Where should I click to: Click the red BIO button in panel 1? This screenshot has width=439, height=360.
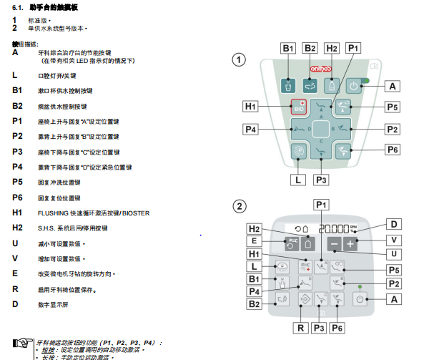299,108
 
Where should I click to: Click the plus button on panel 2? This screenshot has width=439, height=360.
350,244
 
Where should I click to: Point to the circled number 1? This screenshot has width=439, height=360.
240,61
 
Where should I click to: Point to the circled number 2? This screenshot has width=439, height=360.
240,207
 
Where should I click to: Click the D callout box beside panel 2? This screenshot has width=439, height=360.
394,224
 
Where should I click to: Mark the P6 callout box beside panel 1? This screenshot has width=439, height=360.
393,150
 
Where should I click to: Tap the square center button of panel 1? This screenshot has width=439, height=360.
321,130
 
